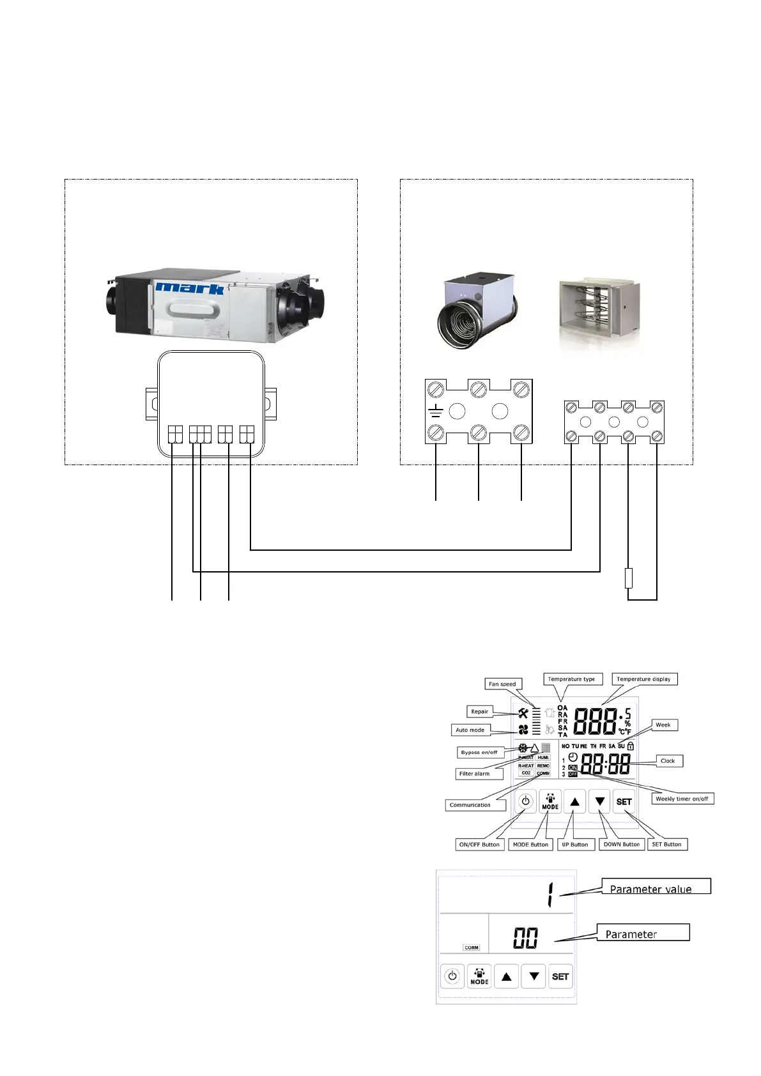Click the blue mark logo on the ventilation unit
[x=190, y=288]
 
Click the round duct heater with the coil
[x=475, y=311]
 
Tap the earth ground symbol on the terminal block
[x=436, y=411]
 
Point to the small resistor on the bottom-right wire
[x=629, y=578]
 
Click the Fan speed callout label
[x=502, y=684]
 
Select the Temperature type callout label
[x=571, y=679]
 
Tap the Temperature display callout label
[x=643, y=679]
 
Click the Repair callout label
[x=479, y=711]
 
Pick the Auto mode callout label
[x=470, y=730]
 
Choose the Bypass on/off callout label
[x=479, y=752]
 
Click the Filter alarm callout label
[x=474, y=774]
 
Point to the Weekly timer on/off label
[x=682, y=799]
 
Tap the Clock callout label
[x=668, y=761]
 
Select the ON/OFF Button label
[x=479, y=845]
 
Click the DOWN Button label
[x=622, y=845]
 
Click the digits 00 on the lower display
[x=525, y=938]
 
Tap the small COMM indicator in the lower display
[x=472, y=948]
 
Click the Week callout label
[x=663, y=725]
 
